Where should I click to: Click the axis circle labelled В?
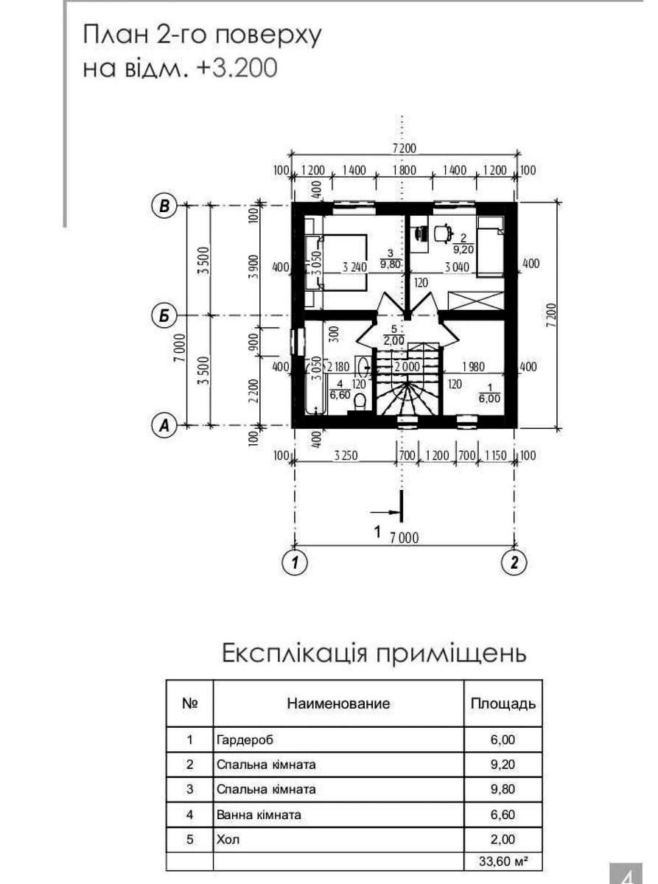(164, 206)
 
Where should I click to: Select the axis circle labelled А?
(164, 425)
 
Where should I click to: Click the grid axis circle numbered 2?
(514, 562)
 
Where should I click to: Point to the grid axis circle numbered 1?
(295, 562)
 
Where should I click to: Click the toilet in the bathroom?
(360, 401)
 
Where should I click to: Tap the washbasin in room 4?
(361, 366)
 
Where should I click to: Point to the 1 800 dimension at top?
(404, 171)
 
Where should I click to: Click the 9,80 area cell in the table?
(503, 789)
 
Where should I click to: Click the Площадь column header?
(503, 703)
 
